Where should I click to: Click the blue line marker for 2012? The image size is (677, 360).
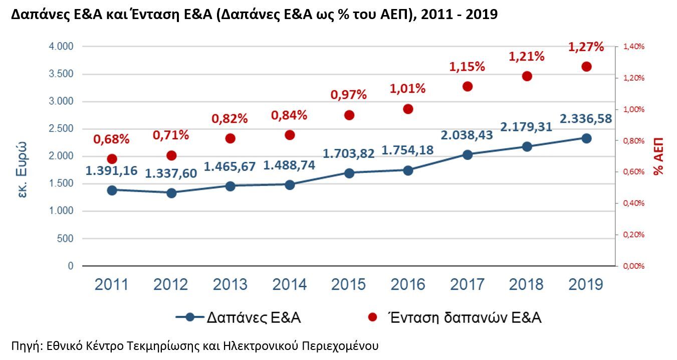click(x=171, y=193)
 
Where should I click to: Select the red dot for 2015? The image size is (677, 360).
click(x=349, y=115)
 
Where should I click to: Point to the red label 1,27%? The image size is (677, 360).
click(x=586, y=47)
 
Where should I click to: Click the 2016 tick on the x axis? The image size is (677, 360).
click(x=408, y=285)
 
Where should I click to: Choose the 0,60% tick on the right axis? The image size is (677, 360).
click(x=634, y=172)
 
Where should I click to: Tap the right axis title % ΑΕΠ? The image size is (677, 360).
click(x=658, y=156)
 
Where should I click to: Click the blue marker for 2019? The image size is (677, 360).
click(x=586, y=138)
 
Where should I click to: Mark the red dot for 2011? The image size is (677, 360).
click(x=112, y=159)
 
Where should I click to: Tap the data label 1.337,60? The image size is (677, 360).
click(x=171, y=173)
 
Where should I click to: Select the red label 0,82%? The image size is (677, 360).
click(x=230, y=119)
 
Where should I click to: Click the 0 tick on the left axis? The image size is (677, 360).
click(x=71, y=266)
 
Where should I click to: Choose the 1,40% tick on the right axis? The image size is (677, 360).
click(x=634, y=47)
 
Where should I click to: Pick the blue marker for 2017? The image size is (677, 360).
click(x=468, y=155)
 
